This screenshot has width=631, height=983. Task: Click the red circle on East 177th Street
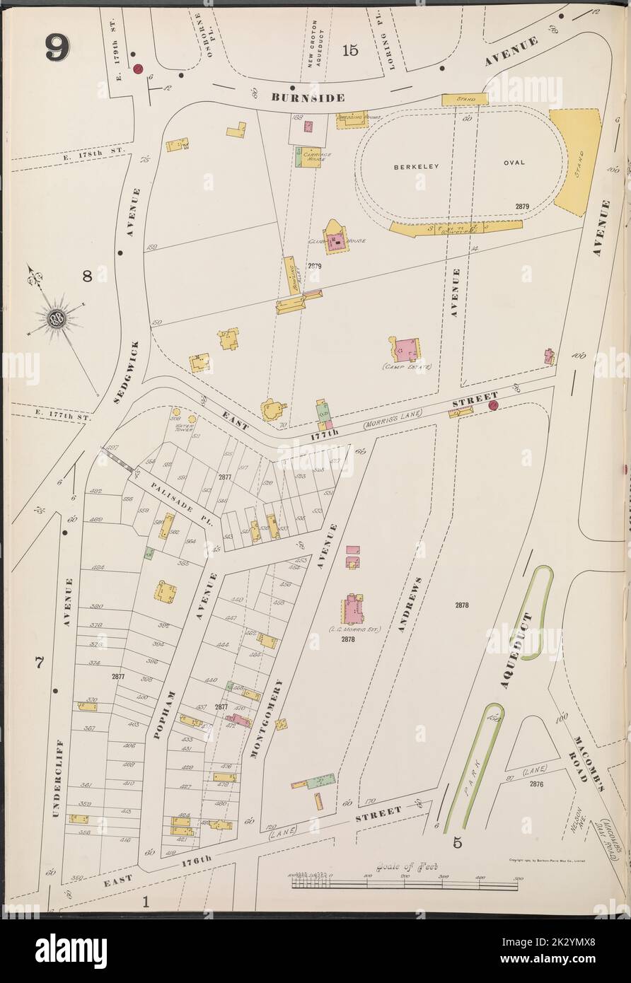493,405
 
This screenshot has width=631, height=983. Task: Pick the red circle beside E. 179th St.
139,69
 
